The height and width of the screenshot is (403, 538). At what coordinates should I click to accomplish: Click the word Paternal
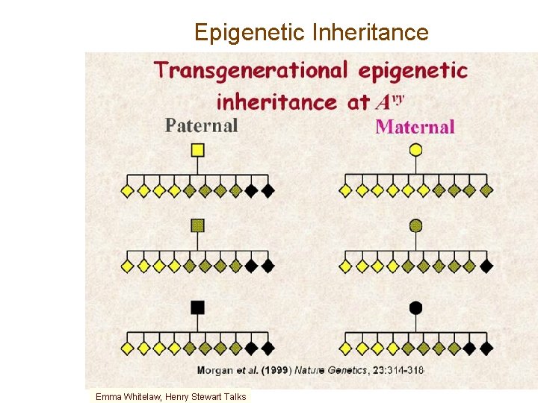coord(202,125)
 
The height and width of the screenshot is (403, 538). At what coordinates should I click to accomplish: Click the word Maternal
coord(415,126)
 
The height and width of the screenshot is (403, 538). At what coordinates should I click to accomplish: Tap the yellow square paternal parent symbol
coord(197,150)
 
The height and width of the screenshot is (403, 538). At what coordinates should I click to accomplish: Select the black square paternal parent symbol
coord(197,307)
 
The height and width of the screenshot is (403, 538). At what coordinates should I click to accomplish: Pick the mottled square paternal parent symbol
coord(197,225)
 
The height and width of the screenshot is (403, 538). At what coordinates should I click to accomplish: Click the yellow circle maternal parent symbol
coord(415,150)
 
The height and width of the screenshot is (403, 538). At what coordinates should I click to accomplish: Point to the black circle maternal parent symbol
coord(415,307)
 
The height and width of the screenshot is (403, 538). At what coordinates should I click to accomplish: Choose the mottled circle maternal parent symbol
coord(415,225)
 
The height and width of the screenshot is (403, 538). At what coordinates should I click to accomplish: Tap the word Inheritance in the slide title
coord(371,33)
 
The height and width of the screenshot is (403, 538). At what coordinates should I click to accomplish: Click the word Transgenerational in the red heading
coord(250,71)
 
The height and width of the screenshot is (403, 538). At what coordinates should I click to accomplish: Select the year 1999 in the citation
coord(277,370)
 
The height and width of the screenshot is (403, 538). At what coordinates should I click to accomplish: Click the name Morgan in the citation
coord(216,370)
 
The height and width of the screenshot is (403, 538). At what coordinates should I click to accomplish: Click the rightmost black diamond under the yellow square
coord(268,190)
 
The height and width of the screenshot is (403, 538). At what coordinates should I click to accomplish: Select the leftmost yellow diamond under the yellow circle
coord(346,190)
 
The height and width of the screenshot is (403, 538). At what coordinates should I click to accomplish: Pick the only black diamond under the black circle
coord(486,348)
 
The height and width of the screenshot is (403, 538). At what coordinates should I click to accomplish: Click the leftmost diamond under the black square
coord(128,348)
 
